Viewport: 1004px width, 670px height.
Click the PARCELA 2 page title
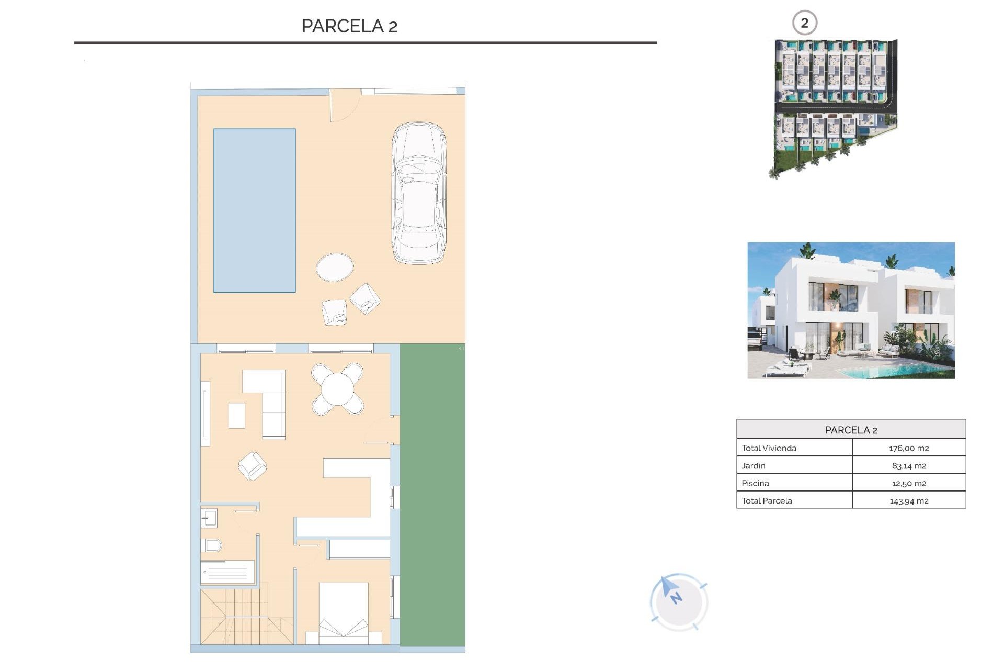coord(349,26)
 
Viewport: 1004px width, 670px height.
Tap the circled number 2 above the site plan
coord(804,23)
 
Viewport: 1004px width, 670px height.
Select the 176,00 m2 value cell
coord(909,448)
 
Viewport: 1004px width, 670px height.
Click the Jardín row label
coord(753,465)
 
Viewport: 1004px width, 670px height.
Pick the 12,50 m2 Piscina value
coord(909,483)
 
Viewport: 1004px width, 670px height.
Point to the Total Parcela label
coord(767,500)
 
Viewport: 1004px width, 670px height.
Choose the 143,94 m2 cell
coord(909,501)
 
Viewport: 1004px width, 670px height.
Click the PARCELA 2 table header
coord(851,430)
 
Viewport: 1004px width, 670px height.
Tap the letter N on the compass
coord(676,598)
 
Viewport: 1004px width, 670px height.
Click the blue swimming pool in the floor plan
coord(254,210)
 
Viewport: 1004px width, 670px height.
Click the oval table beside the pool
coord(335,267)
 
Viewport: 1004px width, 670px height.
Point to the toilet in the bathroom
coord(211,545)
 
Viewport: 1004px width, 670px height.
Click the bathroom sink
coord(209,518)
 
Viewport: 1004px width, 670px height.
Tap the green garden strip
coord(432,497)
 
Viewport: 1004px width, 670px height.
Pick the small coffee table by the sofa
coord(237,416)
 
